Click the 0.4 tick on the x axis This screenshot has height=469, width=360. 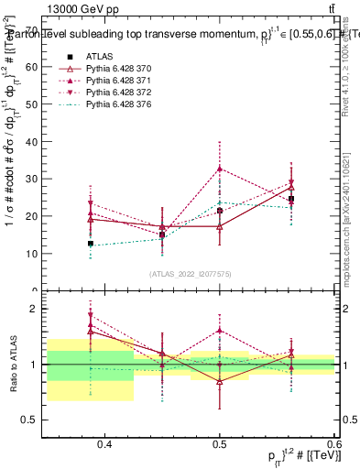tap(104, 445)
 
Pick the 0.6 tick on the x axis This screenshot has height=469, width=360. tap(335, 445)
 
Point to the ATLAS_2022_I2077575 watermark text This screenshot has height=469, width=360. tap(191, 274)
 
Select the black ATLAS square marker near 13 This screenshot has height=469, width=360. tap(91, 244)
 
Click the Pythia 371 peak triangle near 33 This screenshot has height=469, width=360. tap(220, 169)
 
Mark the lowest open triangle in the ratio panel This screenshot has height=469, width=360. tap(220, 381)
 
